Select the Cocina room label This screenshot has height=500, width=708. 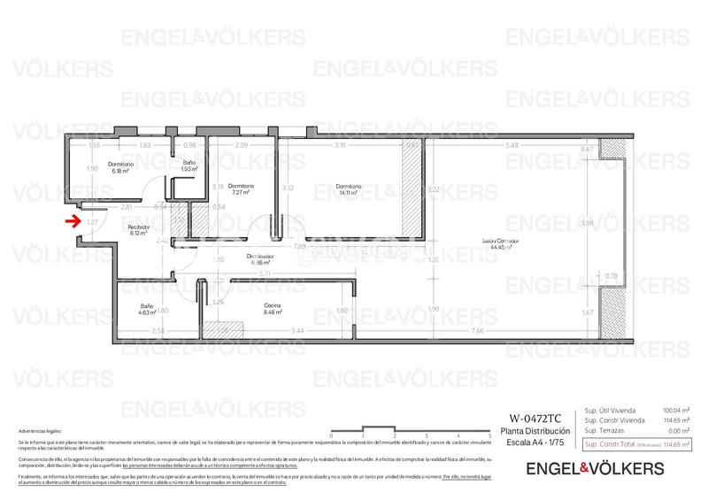[273, 308]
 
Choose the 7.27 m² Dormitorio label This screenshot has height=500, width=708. [241, 189]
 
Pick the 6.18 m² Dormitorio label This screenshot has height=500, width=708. [120, 167]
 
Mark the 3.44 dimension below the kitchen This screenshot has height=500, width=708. [298, 330]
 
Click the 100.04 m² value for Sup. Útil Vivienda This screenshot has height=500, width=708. [676, 411]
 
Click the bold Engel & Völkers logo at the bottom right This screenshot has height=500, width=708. [595, 467]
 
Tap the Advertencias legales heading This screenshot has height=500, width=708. [40, 429]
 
